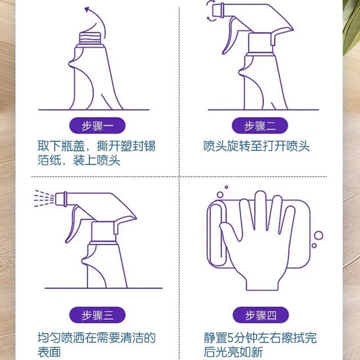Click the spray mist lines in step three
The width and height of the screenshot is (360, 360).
point(43,197)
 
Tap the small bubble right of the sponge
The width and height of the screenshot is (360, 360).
point(318,236)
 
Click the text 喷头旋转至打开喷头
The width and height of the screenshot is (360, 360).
point(256,146)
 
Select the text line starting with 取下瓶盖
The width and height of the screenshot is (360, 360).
point(97,146)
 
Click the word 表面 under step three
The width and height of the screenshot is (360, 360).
point(50,353)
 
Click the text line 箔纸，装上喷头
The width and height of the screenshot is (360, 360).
point(79,161)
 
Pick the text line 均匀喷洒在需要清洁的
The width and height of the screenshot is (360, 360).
point(97,338)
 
